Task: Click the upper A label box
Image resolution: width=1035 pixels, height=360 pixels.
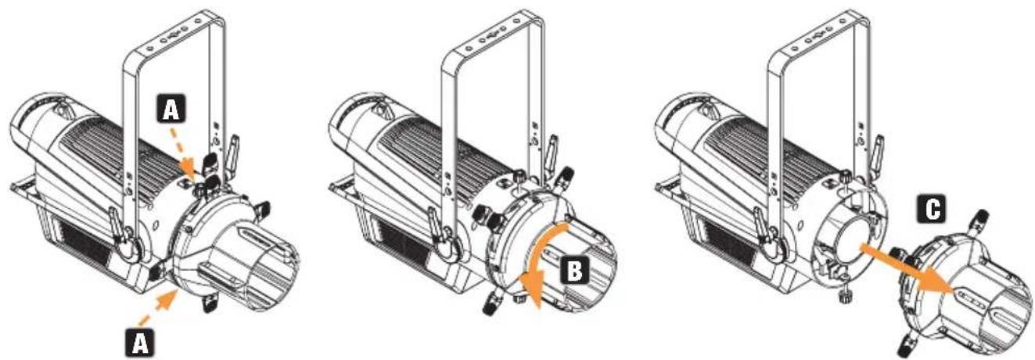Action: point(171,109)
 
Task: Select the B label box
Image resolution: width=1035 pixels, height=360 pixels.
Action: point(574,270)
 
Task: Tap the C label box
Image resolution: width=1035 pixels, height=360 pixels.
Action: point(933,211)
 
